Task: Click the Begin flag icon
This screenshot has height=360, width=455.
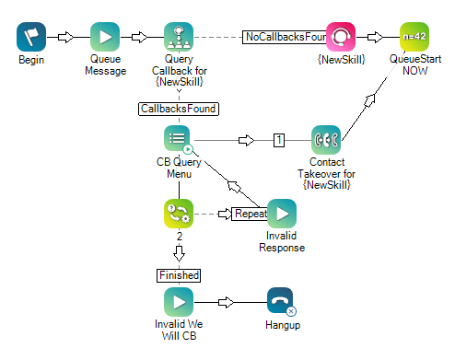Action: tap(30, 38)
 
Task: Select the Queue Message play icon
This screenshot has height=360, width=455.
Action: tap(105, 38)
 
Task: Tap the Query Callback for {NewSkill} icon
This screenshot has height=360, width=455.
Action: tap(179, 38)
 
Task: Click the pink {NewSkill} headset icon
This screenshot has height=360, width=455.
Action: tap(340, 38)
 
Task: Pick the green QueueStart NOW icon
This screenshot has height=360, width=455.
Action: tap(414, 38)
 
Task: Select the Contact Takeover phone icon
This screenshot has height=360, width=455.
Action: tap(326, 140)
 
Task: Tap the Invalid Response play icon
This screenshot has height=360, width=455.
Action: tap(282, 214)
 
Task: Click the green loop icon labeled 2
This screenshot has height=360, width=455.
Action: tap(178, 214)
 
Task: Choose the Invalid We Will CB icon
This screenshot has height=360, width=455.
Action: tap(178, 302)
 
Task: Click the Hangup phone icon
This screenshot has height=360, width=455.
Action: tap(281, 302)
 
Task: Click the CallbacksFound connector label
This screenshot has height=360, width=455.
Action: tap(178, 109)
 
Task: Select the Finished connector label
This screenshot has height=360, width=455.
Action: tap(178, 274)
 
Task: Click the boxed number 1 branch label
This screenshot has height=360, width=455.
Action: tap(277, 141)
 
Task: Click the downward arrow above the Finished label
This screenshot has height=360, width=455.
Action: tap(178, 250)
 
